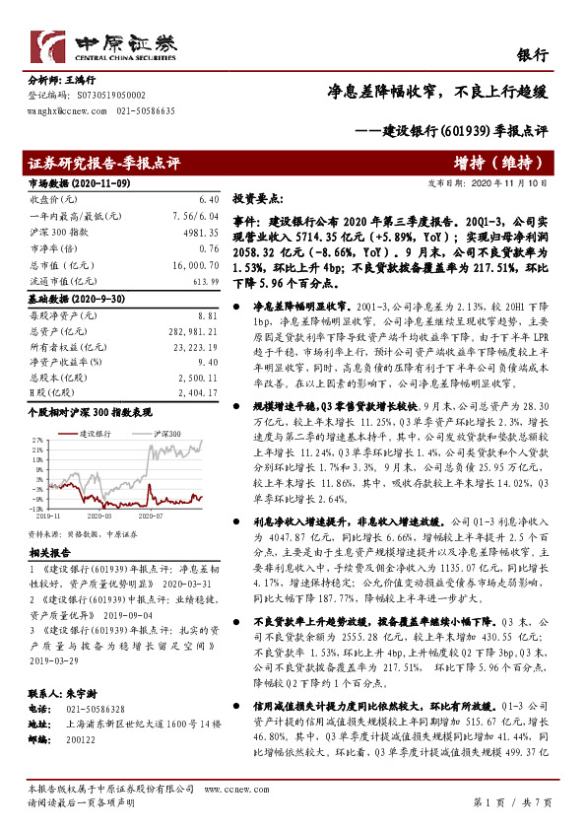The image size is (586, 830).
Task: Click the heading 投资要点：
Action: click(x=259, y=198)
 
